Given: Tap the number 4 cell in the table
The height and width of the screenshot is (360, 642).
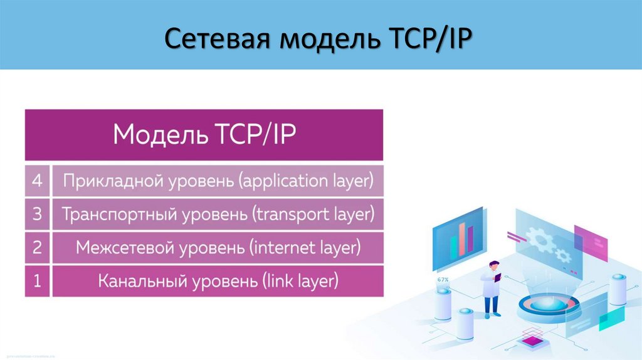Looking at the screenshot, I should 37,181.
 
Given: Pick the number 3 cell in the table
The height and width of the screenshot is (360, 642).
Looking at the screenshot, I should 37,214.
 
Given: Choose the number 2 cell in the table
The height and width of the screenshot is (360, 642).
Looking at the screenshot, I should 37,248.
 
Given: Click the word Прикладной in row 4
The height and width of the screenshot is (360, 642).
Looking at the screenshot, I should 113,181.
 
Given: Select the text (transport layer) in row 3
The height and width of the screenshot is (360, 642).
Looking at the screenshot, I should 313,214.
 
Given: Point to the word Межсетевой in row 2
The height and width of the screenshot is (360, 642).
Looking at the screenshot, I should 125,248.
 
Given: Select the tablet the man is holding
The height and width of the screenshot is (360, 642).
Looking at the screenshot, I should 498,276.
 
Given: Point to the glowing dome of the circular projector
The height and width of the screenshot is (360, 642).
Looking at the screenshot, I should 542,300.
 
